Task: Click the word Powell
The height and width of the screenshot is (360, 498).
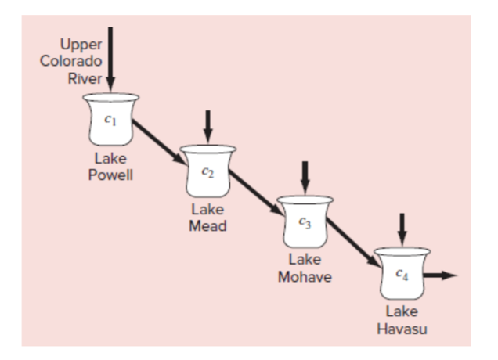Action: pyautogui.click(x=110, y=174)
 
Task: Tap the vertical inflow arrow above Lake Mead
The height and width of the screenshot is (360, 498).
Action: pyautogui.click(x=207, y=123)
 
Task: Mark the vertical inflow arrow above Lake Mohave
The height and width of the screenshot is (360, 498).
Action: pyautogui.click(x=305, y=175)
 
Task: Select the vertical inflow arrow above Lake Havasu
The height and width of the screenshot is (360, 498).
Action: pyautogui.click(x=402, y=226)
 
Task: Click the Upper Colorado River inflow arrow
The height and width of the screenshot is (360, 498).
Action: pyautogui.click(x=110, y=55)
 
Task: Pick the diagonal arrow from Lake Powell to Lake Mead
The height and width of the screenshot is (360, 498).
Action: pyautogui.click(x=160, y=142)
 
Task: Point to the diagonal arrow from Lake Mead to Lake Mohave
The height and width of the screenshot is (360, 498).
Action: pyautogui.click(x=258, y=193)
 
